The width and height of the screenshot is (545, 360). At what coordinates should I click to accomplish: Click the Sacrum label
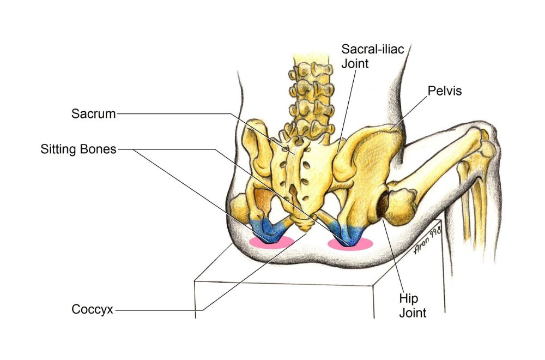pos(93,114)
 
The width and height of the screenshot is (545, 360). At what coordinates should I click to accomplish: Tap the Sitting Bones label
pos(78,149)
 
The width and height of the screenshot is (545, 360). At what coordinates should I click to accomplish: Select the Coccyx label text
pos(92,310)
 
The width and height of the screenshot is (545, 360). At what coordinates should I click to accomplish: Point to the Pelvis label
pos(444,91)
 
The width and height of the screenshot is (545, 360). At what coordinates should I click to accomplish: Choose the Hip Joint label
pos(413,306)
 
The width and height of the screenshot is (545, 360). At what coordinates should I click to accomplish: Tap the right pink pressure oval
pos(350,243)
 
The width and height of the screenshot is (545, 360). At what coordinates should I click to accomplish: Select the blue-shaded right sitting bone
pos(348,232)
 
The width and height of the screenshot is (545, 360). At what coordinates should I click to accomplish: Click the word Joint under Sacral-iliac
pos(355,63)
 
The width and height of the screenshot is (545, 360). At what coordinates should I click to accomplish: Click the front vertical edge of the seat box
pos(195,300)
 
